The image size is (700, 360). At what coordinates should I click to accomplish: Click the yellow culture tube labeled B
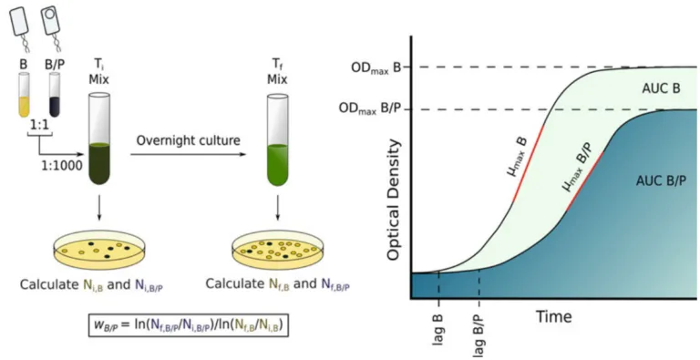pyautogui.click(x=24, y=95)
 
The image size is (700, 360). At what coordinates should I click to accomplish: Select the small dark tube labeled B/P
pyautogui.click(x=55, y=95)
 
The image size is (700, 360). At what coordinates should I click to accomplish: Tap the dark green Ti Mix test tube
pyautogui.click(x=99, y=139)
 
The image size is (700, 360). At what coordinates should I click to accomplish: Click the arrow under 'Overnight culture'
pyautogui.click(x=189, y=155)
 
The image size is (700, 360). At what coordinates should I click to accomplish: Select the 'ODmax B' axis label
pyautogui.click(x=376, y=67)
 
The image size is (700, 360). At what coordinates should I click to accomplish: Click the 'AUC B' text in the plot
pyautogui.click(x=660, y=88)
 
